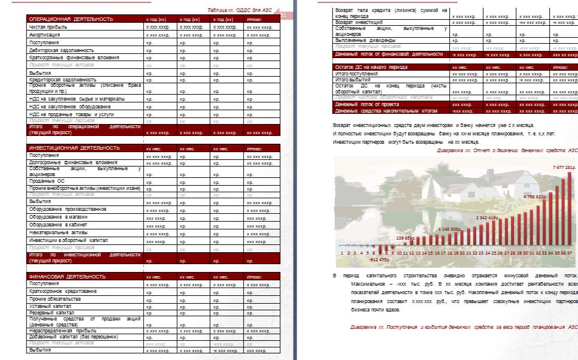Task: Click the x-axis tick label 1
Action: coord(340,253)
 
